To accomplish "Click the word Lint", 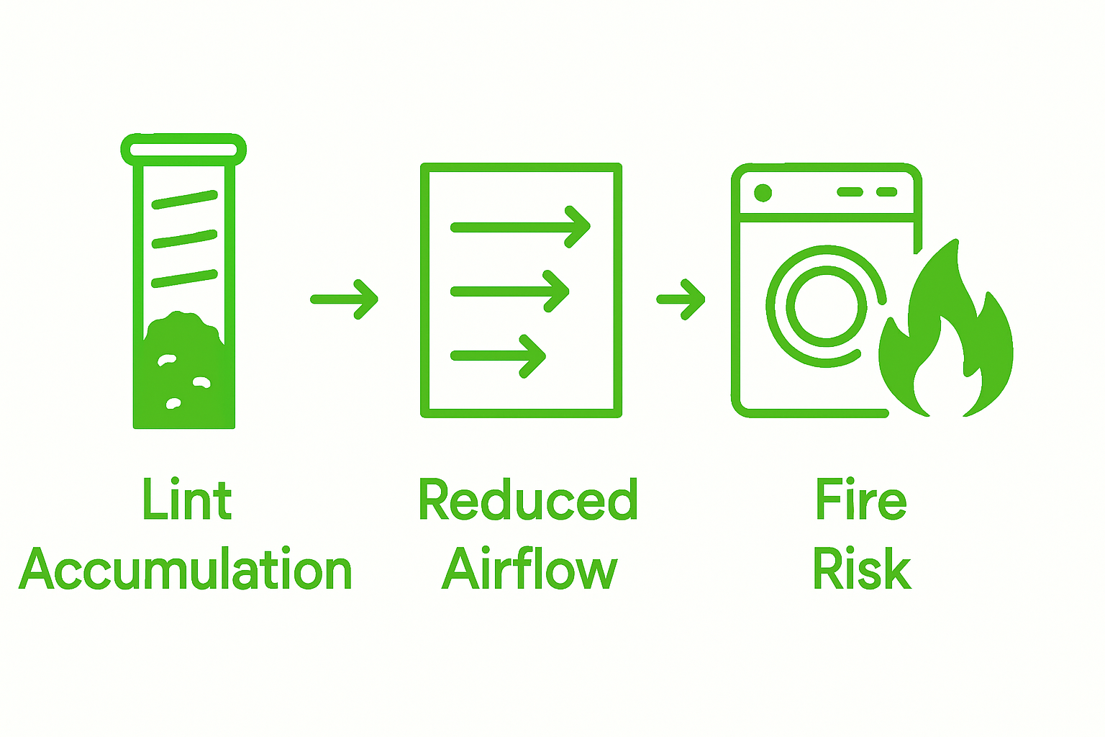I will tap(187, 499).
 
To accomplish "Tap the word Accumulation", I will tap(186, 569).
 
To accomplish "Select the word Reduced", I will tap(527, 499).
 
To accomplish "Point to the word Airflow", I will tap(529, 569).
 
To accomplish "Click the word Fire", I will tap(860, 499).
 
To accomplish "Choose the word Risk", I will tap(862, 569).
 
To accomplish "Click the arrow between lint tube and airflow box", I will tap(345, 299).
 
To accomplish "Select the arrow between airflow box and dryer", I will tap(681, 299).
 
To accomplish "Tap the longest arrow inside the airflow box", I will tap(520, 227).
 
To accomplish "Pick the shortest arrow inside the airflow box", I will tap(498, 356).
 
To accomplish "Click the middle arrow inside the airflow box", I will tap(509, 291).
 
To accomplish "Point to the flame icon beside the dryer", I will tap(946, 338).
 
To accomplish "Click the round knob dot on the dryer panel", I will tap(763, 193).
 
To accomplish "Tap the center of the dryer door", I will tap(826, 306).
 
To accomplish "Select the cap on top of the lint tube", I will tap(183, 149).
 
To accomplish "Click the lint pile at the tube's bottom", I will tap(184, 374).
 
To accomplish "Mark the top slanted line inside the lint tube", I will tap(184, 199).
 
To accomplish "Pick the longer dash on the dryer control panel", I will tap(850, 192).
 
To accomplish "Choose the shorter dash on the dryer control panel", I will tap(887, 192).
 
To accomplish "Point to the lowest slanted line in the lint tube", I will tap(184, 279).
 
